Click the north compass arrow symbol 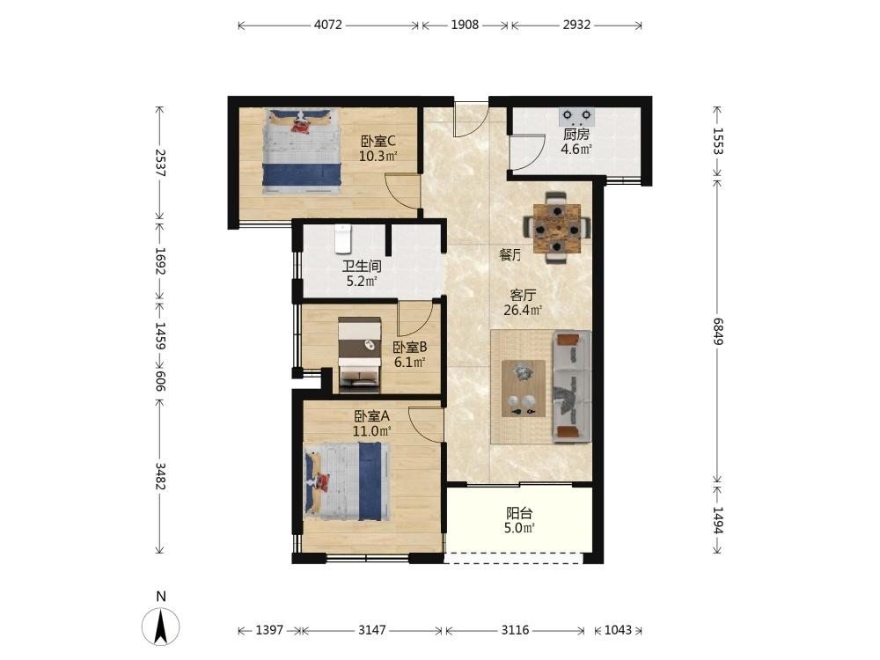pos(160,627)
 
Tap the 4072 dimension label pos(327,26)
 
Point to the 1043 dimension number pos(618,630)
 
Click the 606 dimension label pos(160,381)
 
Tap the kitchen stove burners pos(576,116)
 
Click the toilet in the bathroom pos(342,238)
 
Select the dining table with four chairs pos(557,228)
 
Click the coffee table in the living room pos(523,388)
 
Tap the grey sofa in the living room pos(573,386)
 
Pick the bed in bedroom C pos(303,151)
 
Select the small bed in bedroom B pos(360,355)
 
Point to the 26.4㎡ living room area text pos(523,311)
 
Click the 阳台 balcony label pos(519,513)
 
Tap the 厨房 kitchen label pos(576,134)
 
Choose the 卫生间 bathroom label pos(362,266)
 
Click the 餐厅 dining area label pos(510,255)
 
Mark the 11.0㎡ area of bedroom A pos(371,431)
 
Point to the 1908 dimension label pos(466,26)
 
